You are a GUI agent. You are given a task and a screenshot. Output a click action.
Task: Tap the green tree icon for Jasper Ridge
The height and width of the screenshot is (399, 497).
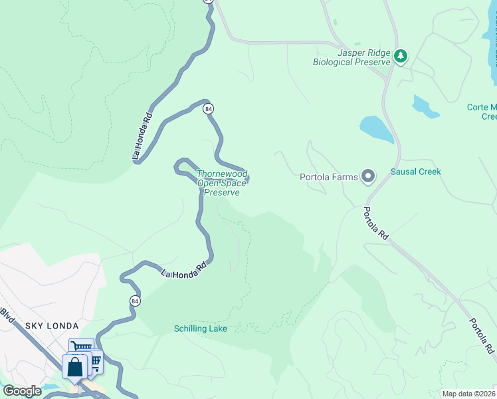pyautogui.click(x=400, y=56)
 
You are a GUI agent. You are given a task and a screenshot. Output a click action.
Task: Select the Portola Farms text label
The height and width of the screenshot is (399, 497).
pyautogui.click(x=328, y=177)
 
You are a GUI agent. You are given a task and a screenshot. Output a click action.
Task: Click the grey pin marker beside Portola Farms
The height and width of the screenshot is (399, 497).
pyautogui.click(x=368, y=176)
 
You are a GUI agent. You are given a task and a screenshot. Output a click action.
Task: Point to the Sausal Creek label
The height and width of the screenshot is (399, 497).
pyautogui.click(x=416, y=172)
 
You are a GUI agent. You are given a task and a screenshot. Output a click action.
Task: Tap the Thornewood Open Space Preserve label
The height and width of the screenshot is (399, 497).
pyautogui.click(x=222, y=184)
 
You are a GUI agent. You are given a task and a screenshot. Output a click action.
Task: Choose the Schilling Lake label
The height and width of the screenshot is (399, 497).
pyautogui.click(x=201, y=329)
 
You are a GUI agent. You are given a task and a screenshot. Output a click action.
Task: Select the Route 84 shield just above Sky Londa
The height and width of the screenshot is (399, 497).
pyautogui.click(x=135, y=300)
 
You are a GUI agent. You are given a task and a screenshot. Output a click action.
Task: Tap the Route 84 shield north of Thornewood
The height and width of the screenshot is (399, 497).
pyautogui.click(x=209, y=108)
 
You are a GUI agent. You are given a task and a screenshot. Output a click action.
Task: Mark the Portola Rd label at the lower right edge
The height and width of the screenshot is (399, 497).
pyautogui.click(x=482, y=336)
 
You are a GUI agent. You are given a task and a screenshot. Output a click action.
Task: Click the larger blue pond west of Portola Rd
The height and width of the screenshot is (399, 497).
pyautogui.click(x=377, y=129)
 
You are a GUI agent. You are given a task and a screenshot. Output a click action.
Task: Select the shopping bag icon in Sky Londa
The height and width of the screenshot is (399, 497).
pyautogui.click(x=75, y=366)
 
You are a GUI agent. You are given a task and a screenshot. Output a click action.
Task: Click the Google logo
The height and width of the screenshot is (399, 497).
pyautogui.click(x=22, y=391)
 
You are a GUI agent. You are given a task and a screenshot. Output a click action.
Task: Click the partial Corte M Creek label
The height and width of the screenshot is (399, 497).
pyautogui.click(x=482, y=112)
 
